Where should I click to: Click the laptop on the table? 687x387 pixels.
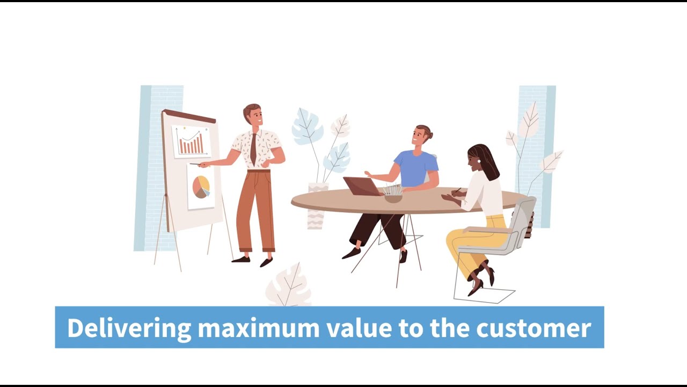tap(363, 187)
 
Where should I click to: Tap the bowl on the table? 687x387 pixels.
tap(393, 197)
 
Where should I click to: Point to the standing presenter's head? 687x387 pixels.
tap(253, 115)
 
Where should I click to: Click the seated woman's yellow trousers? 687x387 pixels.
tap(472, 242)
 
